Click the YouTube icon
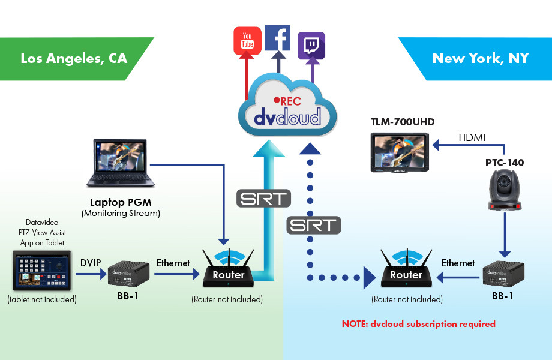(x=247, y=41)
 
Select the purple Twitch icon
(x=311, y=45)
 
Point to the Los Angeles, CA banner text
(x=74, y=58)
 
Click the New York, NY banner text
(x=480, y=58)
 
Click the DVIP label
(x=91, y=262)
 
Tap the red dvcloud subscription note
(x=418, y=323)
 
